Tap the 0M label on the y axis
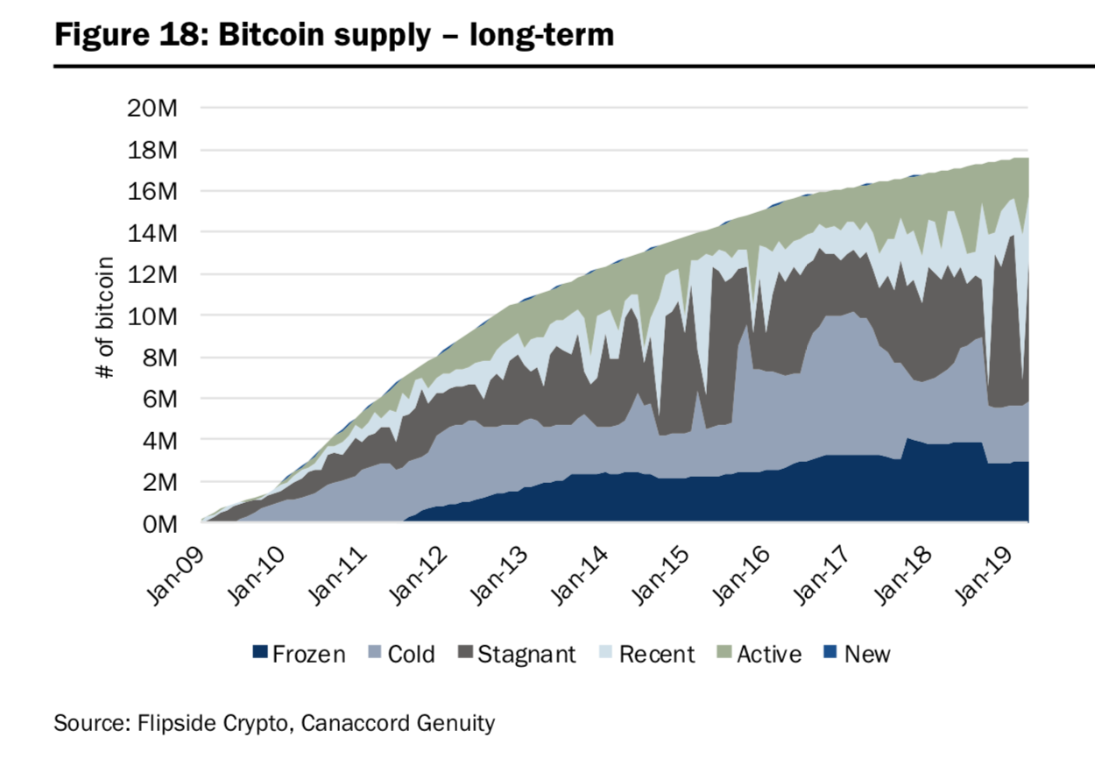click(161, 523)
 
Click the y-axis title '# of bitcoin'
click(106, 316)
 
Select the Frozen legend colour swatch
click(260, 654)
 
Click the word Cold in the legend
click(411, 654)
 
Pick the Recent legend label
click(656, 654)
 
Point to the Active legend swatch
click(724, 654)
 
